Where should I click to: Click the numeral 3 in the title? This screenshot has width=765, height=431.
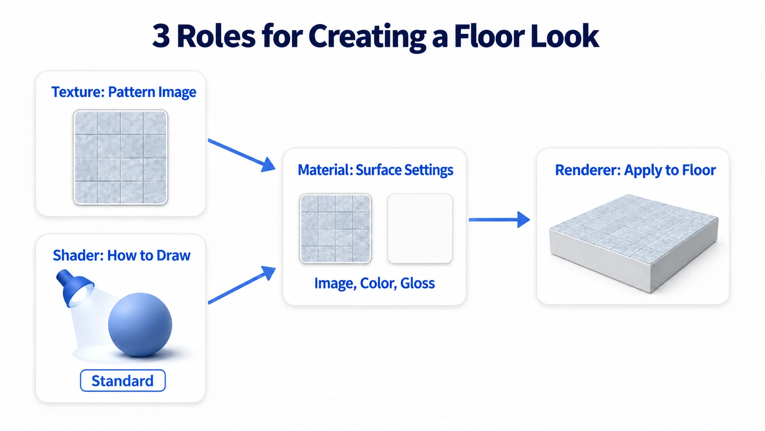tap(161, 36)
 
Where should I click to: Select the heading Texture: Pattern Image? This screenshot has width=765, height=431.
tap(124, 92)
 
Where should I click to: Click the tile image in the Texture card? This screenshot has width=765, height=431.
tap(120, 157)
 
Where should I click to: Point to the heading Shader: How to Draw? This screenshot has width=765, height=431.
tap(122, 255)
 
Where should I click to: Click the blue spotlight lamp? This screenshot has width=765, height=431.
tap(75, 288)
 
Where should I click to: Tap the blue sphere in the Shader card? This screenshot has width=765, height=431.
tap(140, 324)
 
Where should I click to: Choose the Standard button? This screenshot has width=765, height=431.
tap(123, 381)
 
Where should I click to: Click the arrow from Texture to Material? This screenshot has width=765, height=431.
tap(242, 156)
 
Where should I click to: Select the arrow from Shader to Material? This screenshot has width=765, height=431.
tap(242, 285)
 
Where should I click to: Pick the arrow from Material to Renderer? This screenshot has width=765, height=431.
tap(499, 219)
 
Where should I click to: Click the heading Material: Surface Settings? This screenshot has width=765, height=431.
tap(375, 170)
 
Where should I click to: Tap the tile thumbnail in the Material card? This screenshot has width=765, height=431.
tap(335, 228)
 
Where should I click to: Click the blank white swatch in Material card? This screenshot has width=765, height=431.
tap(420, 228)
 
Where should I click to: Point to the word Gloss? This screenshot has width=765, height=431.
tap(417, 283)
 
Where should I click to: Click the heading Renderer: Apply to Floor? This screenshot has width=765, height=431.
tap(635, 170)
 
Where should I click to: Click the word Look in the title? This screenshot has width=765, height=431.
tap(565, 36)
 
